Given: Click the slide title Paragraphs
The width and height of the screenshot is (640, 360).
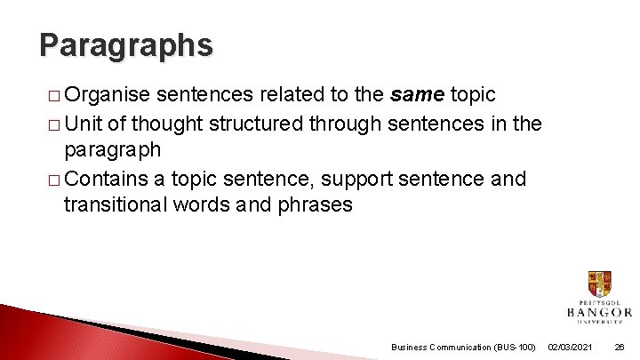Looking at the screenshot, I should click(126, 44).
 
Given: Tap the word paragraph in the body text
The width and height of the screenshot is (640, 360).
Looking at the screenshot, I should click(112, 150).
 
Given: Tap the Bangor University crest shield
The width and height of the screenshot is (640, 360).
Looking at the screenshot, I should click(599, 284).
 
